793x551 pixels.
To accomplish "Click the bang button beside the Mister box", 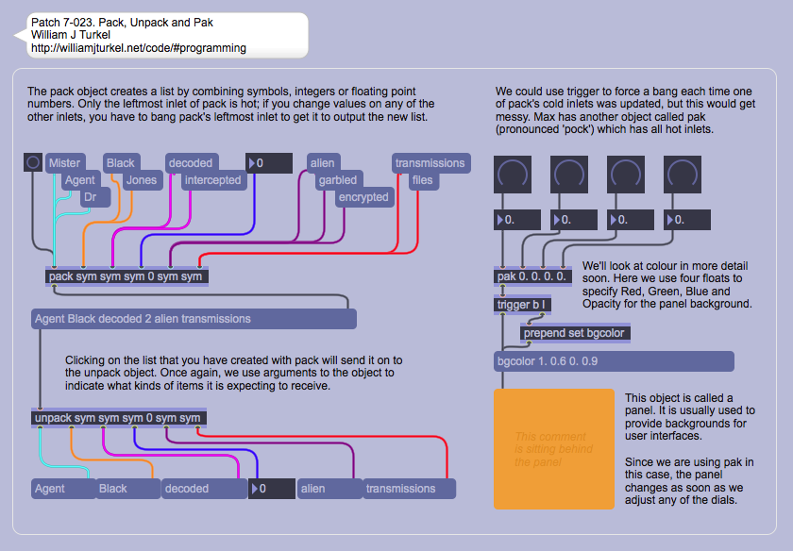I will [33, 163].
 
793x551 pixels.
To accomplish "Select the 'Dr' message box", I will [90, 197].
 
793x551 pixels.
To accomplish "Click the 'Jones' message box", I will [141, 180].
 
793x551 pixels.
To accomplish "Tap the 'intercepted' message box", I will [212, 180].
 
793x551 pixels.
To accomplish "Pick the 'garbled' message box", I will [337, 180].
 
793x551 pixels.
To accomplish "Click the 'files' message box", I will [423, 180].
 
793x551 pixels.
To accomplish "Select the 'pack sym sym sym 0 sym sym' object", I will [126, 276].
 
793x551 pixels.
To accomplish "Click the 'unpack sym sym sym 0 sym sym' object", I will [119, 418].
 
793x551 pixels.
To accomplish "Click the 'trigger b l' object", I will [522, 305].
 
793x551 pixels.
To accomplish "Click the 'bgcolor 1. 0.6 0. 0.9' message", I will [614, 361].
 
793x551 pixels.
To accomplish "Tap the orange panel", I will [553, 448].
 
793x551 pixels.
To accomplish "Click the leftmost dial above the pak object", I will [514, 175].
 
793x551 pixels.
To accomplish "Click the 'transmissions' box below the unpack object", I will [409, 489].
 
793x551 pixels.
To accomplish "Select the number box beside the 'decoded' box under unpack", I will [271, 489].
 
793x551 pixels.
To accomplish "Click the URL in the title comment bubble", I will [138, 48].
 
